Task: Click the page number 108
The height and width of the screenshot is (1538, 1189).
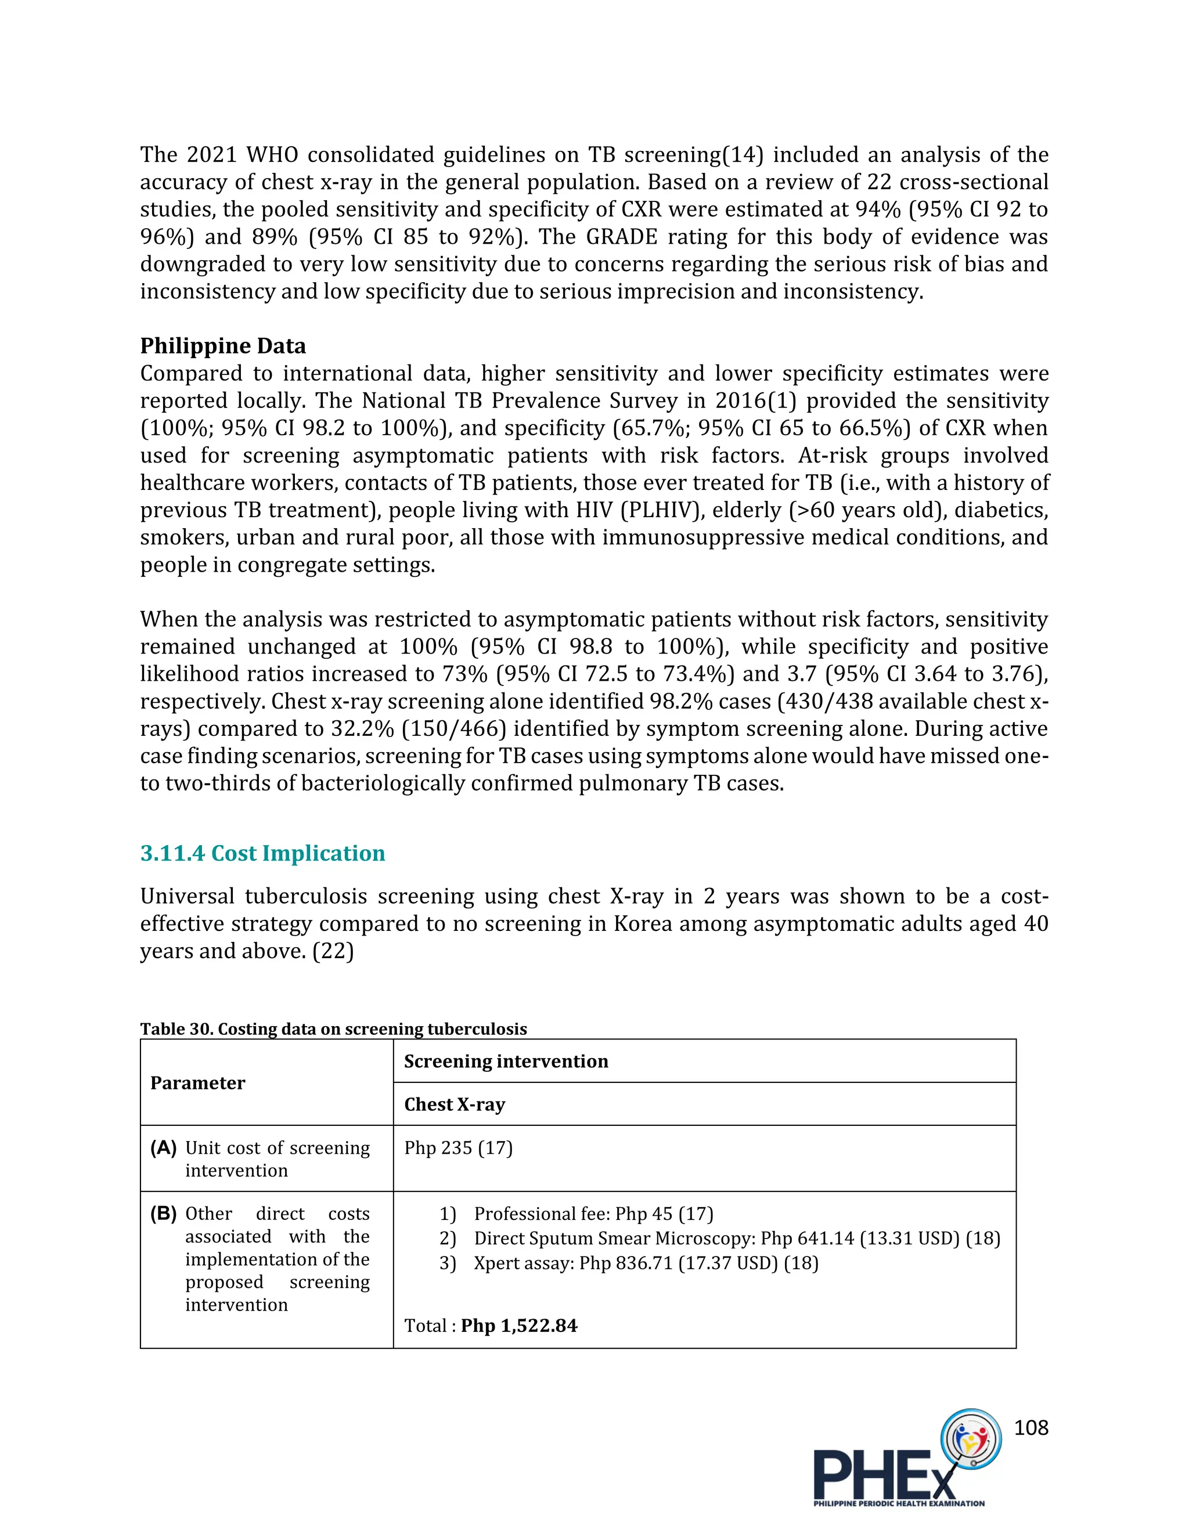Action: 1031,1428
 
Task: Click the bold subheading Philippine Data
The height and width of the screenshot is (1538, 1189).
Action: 222,346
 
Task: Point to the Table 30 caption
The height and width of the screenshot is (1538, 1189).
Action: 333,1029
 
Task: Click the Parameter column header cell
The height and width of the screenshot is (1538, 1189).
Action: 198,1083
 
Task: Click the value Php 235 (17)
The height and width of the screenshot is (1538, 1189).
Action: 458,1148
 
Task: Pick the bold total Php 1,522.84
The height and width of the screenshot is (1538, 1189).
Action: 519,1326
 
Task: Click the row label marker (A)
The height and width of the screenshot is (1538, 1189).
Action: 163,1148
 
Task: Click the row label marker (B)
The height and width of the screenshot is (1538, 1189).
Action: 163,1214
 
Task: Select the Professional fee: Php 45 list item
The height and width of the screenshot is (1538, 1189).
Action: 593,1214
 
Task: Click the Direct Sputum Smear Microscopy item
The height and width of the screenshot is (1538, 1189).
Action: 736,1238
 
